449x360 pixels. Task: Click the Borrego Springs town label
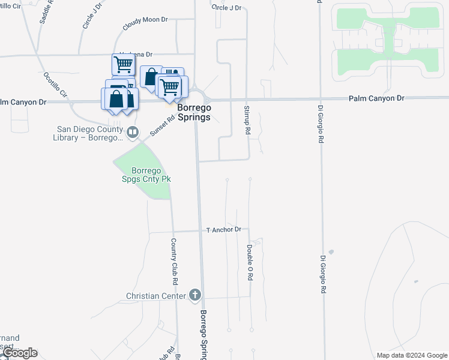[x=194, y=112]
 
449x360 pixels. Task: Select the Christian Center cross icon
[x=194, y=295]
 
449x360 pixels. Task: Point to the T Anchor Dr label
[x=223, y=230]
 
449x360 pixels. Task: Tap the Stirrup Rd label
[x=247, y=119]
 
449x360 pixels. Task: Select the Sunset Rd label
[x=162, y=126]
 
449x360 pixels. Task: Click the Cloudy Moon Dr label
[x=145, y=20]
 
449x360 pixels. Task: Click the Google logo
[x=19, y=353]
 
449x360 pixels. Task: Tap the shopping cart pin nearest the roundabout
[x=169, y=86]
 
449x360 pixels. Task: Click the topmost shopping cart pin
[x=122, y=64]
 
